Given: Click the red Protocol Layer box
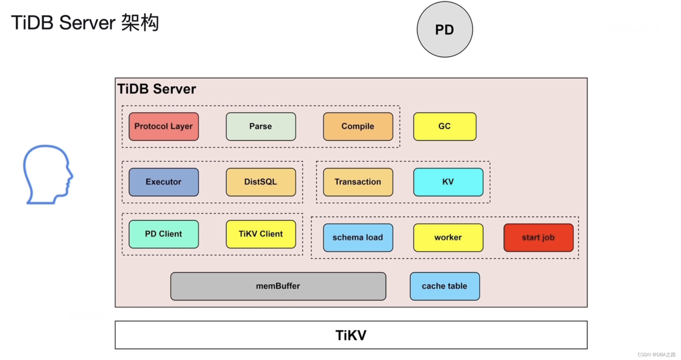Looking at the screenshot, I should click(163, 126).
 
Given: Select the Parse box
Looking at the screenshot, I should click(261, 126).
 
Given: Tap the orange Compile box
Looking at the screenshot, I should click(358, 126).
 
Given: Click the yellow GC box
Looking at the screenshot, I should click(444, 126).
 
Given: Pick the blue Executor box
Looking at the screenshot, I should click(163, 182).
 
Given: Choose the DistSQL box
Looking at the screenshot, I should click(261, 182).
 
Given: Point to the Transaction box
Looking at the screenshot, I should click(358, 182).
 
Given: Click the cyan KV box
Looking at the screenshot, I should click(448, 182).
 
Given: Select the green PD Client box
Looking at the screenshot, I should click(163, 234).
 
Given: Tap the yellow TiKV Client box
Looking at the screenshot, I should click(261, 234).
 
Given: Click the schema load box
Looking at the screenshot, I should click(358, 237).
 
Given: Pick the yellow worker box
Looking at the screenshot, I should click(448, 237).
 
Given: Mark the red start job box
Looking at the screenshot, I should click(538, 237).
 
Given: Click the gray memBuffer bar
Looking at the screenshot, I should click(278, 286).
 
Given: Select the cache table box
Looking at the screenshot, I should click(444, 286).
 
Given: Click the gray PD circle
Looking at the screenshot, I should click(444, 30).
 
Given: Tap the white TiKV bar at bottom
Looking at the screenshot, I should click(351, 335).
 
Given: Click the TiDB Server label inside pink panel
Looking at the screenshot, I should click(157, 89).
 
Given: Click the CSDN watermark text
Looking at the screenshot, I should click(656, 354).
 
